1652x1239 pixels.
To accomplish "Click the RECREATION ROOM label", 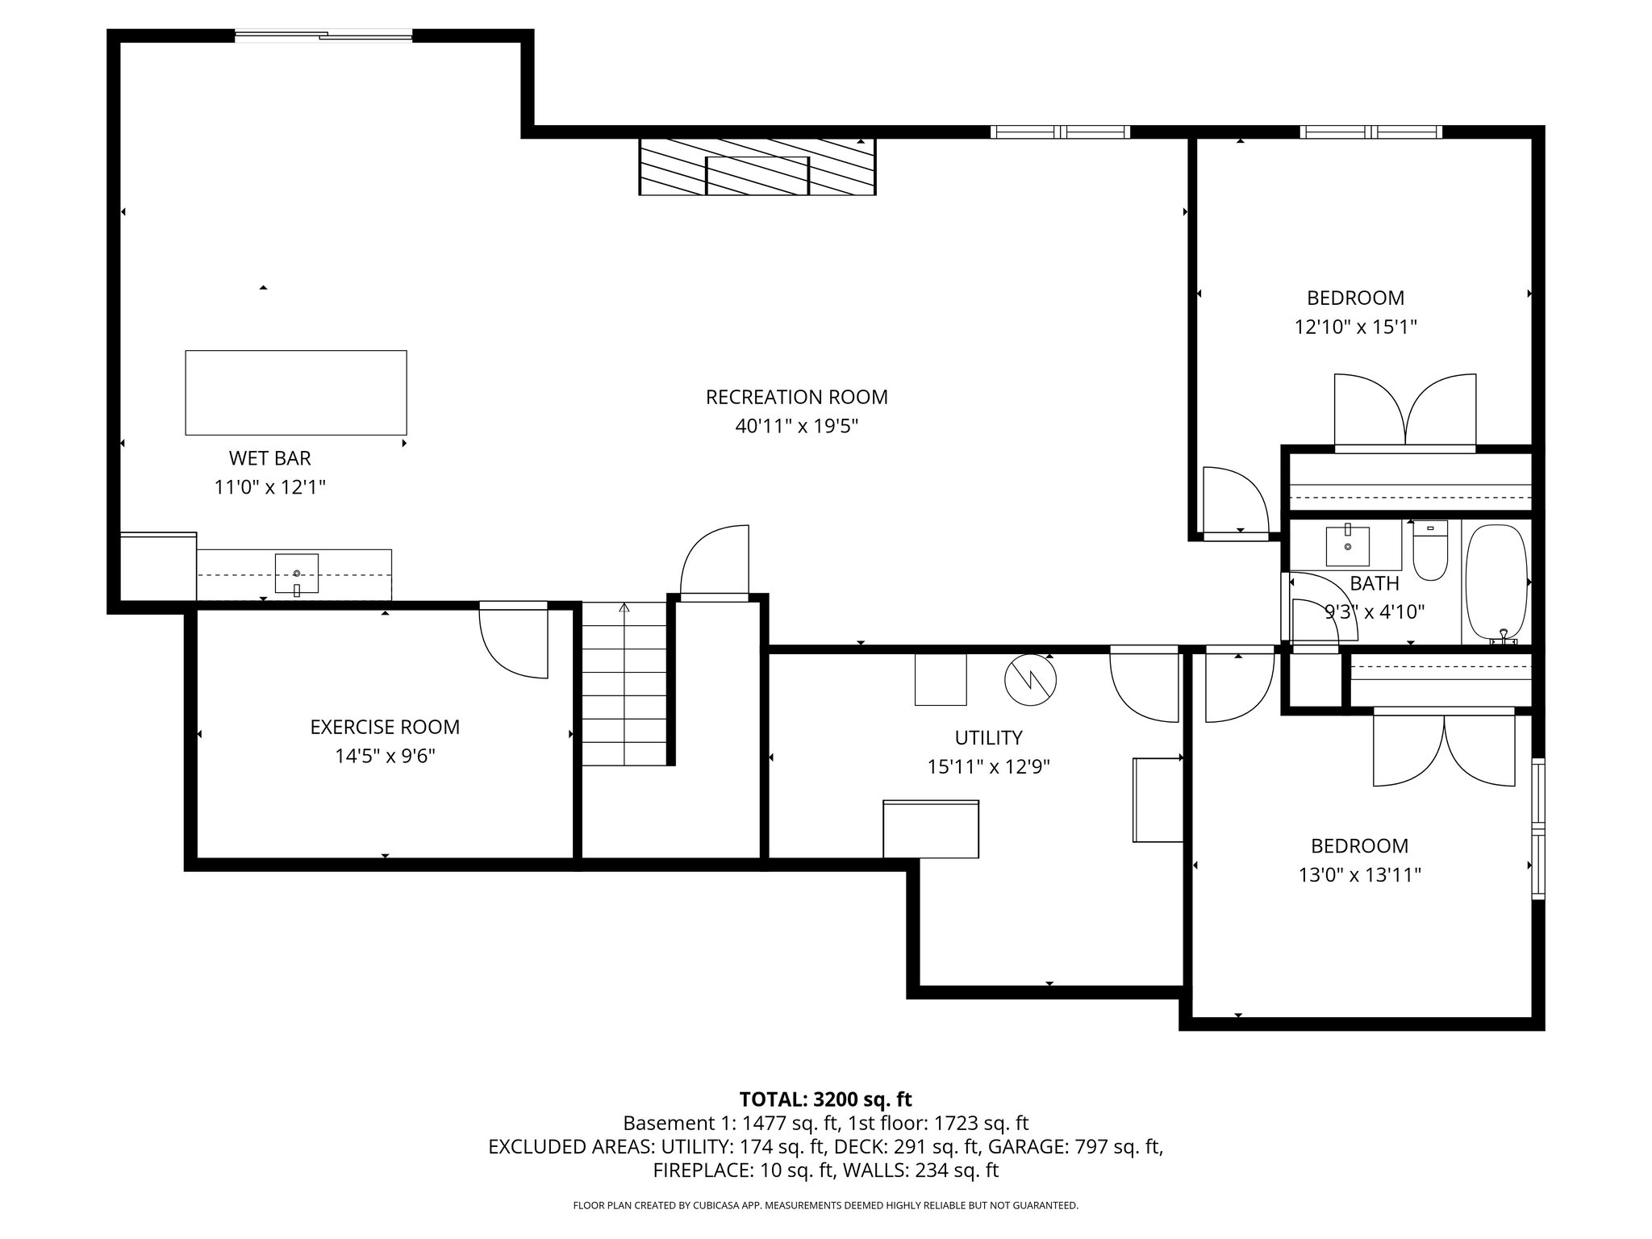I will coord(796,397).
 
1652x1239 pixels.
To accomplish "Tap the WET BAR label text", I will coord(269,458).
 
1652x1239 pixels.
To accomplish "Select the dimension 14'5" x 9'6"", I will coord(385,756).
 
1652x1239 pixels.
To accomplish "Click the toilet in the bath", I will coord(1430,552).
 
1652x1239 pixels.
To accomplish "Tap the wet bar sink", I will coord(297,574).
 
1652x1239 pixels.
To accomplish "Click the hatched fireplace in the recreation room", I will coord(757,167).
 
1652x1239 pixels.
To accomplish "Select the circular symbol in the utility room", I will coord(1030,680).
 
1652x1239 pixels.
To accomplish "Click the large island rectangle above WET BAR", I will coord(296,393).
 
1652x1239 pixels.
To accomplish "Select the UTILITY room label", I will coord(988,737).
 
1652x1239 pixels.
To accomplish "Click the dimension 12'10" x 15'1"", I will coord(1355,327).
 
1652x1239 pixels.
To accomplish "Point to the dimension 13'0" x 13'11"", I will coord(1359,875).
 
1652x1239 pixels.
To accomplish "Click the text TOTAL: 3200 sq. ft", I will coord(825,1099).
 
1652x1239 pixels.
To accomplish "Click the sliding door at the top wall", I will coord(323,35).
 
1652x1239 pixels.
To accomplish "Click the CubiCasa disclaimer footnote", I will coord(825,1206).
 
